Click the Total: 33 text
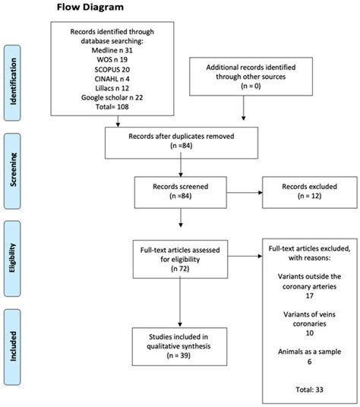click(300, 389)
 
